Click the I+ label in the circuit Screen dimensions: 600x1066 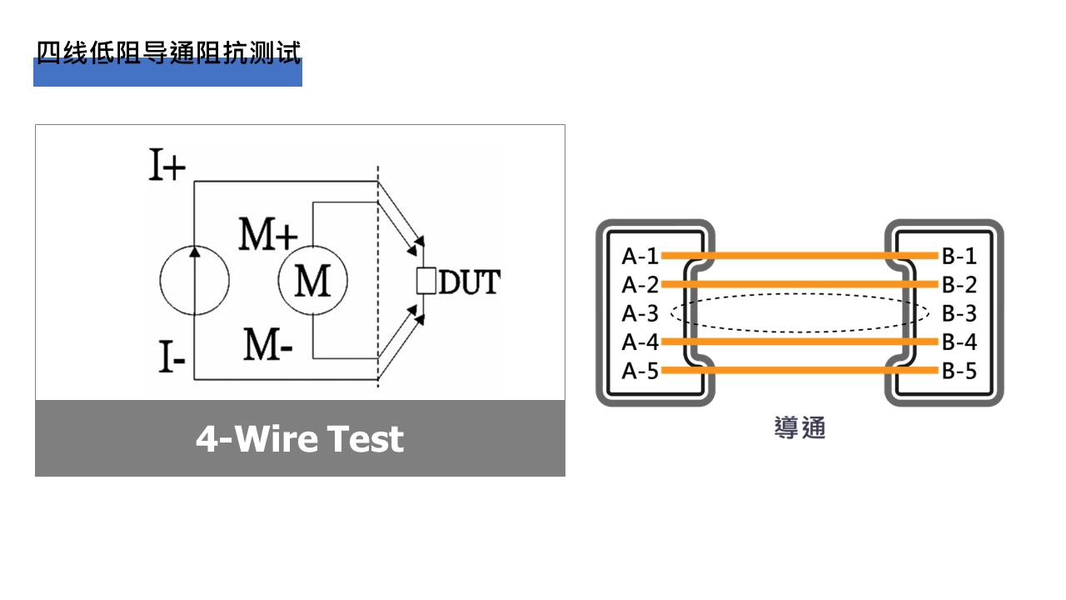(167, 165)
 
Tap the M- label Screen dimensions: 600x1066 (267, 344)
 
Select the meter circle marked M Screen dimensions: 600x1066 (312, 281)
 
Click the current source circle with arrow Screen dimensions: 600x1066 (194, 281)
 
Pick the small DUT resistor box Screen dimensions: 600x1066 (426, 282)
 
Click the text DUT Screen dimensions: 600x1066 (469, 282)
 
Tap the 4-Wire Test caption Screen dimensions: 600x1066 (300, 438)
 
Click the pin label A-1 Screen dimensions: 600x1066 (640, 256)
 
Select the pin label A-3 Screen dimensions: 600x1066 (640, 313)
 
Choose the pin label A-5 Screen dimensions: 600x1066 (640, 371)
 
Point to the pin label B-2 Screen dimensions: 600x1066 (959, 284)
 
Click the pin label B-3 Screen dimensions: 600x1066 (959, 313)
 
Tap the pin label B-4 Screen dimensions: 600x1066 (959, 342)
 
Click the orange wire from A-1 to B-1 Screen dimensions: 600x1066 (799, 256)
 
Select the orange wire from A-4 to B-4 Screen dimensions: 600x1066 (799, 342)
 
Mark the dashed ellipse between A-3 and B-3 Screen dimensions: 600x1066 (799, 294)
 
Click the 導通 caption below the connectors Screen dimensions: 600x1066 (799, 428)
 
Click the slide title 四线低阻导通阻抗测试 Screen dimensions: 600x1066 (167, 52)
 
